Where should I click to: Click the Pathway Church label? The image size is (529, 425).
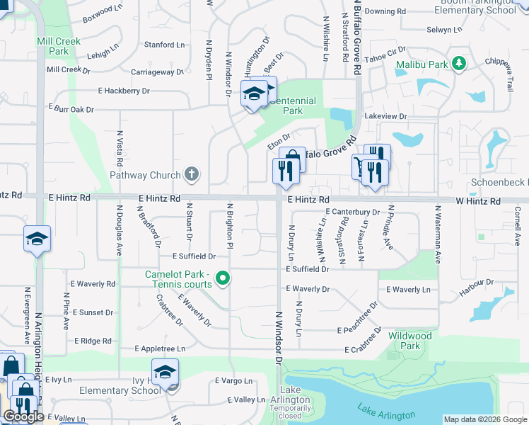(145, 175)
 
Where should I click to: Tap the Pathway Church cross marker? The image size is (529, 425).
(191, 174)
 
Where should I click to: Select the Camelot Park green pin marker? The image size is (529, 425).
(223, 278)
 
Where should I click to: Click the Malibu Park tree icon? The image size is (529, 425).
(460, 64)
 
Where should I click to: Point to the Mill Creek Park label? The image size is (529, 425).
(53, 46)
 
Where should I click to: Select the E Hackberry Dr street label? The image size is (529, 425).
(124, 91)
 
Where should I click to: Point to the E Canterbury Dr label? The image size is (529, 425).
(352, 212)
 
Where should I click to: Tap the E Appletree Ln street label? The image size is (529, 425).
(160, 348)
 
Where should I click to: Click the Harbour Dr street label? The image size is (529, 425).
(476, 283)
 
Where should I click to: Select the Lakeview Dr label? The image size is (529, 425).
(385, 116)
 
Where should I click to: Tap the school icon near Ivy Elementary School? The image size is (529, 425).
(165, 371)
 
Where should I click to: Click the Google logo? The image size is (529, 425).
(23, 416)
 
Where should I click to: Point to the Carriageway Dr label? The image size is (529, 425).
(157, 72)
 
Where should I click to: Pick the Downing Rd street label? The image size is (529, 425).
(385, 12)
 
